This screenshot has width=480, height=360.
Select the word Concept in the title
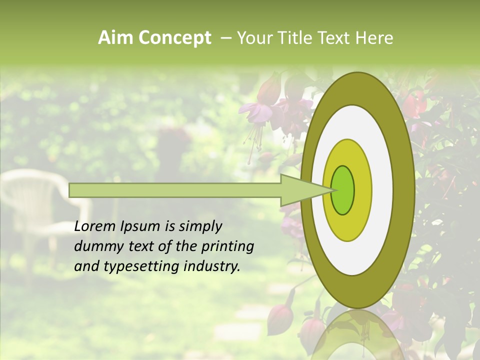[174, 38]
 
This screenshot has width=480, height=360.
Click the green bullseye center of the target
[343, 189]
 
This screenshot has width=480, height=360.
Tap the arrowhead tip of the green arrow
[332, 190]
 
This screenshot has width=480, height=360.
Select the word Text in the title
[334, 38]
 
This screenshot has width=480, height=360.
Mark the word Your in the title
[254, 38]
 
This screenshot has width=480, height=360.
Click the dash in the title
[225, 38]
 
